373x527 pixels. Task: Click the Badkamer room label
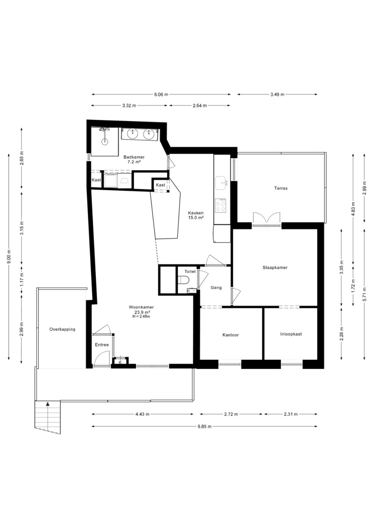[x=134, y=157]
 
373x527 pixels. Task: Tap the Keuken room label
[x=196, y=213]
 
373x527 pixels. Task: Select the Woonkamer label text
[x=141, y=307]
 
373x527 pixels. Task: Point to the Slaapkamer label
[x=275, y=268]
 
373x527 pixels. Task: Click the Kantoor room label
[x=230, y=335]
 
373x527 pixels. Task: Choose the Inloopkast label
[x=291, y=334]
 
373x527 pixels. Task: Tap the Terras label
[x=281, y=188]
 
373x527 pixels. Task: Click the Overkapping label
[x=62, y=329]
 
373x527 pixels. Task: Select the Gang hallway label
[x=216, y=288]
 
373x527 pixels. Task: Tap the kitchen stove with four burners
[x=221, y=205]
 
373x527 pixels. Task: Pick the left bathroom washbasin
[x=134, y=134]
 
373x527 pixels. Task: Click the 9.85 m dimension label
[x=204, y=427]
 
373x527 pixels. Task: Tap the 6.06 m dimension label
[x=161, y=94]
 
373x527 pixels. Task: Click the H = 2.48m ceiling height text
[x=141, y=316]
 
